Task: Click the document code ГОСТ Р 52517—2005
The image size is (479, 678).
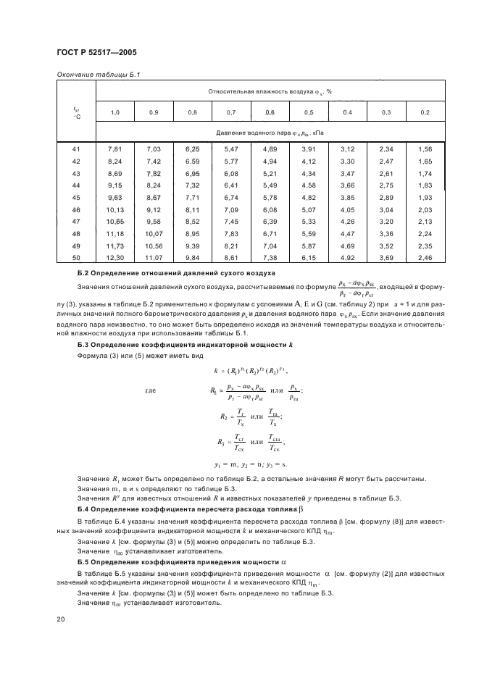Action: tap(96, 53)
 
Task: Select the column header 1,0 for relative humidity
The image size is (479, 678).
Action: tap(115, 112)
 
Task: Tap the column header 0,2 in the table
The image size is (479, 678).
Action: tap(425, 112)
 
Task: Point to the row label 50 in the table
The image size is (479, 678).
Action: tap(76, 257)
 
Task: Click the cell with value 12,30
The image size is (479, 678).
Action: tap(115, 257)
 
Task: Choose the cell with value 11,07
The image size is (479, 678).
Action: tap(153, 257)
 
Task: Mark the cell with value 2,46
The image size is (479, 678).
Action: tap(425, 257)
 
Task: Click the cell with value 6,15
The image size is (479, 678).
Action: tap(309, 257)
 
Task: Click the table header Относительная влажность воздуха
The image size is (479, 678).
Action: tap(270, 91)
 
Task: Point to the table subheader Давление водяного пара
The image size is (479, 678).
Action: tap(270, 133)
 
